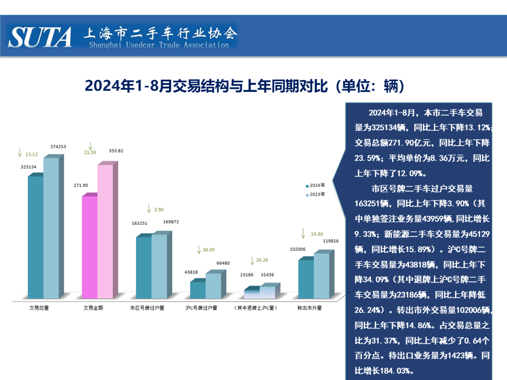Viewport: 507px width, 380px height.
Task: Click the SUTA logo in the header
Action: [x=40, y=37]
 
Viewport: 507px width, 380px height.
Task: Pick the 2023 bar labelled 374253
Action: [x=51, y=227]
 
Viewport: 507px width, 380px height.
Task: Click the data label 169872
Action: [x=171, y=222]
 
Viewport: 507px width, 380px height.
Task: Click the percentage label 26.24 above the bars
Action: [x=262, y=260]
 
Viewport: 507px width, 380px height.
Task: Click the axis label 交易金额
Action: [x=93, y=307]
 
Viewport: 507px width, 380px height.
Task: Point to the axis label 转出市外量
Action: [x=309, y=307]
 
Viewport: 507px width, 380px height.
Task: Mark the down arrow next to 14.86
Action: [x=304, y=233]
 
